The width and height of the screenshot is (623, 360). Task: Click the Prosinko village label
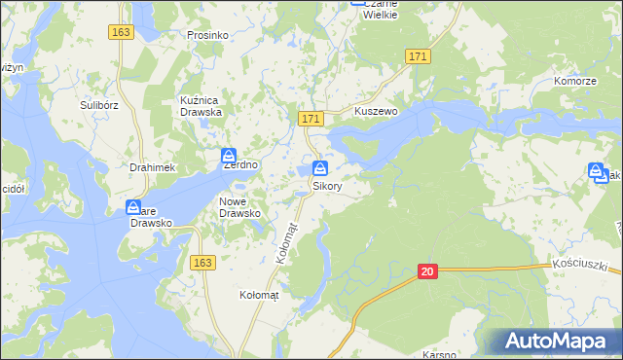click(207, 35)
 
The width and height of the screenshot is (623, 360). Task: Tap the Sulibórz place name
click(98, 101)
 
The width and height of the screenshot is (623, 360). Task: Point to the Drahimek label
click(151, 167)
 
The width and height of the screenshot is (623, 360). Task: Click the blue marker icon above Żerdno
click(228, 156)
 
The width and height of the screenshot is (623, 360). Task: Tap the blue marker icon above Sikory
click(320, 168)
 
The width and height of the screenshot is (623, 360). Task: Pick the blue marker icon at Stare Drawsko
click(133, 207)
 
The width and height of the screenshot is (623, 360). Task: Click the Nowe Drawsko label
click(238, 206)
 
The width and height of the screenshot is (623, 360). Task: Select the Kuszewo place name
click(377, 112)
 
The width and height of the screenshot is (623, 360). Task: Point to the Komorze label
click(574, 82)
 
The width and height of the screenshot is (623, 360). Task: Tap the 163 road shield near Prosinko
click(121, 32)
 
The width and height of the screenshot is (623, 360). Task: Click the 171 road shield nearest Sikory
click(311, 119)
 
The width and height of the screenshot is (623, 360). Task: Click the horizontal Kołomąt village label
click(259, 294)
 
